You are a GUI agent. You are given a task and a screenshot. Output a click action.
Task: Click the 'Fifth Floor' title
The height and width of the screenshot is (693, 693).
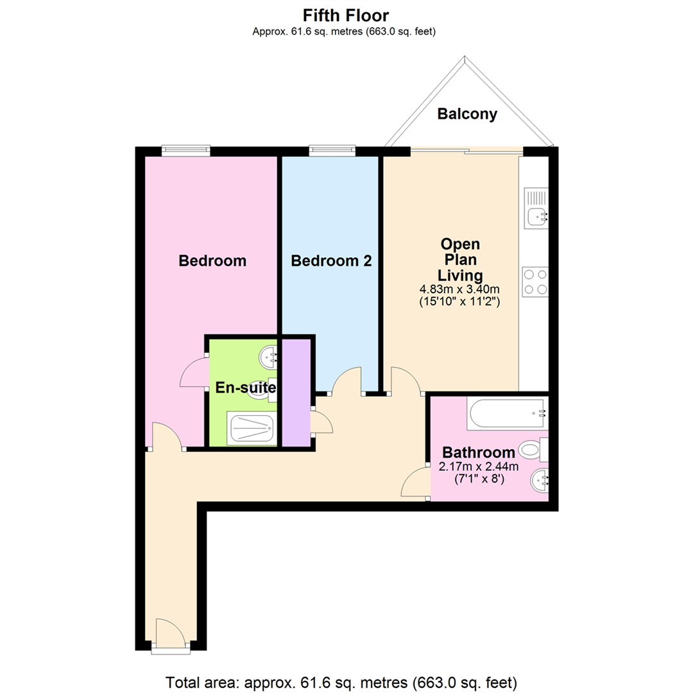345,15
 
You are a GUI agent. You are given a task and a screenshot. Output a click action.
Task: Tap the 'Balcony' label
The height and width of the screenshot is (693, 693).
467,114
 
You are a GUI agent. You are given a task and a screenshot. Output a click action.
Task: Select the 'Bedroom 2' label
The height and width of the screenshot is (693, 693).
330,261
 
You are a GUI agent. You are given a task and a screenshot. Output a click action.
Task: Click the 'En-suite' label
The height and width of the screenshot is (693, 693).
245,388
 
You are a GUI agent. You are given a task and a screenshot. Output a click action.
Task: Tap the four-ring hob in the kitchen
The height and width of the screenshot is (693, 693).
535,281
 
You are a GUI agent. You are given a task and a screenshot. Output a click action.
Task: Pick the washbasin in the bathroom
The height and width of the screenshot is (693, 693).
539,479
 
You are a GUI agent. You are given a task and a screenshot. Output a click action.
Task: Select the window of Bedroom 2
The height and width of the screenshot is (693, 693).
331,151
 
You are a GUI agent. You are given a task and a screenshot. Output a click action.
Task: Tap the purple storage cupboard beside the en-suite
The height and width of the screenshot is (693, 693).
295,393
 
